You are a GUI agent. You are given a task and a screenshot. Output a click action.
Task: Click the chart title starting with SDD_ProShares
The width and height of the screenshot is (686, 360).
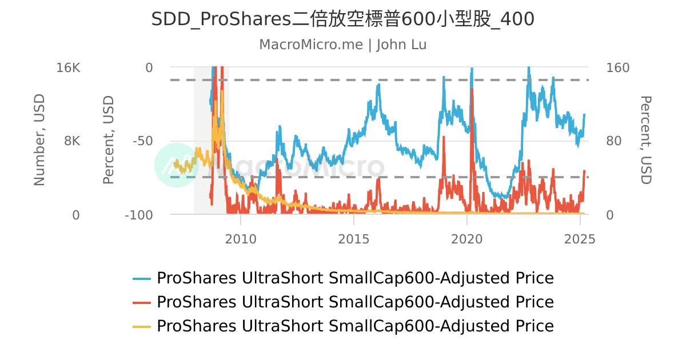[342, 19]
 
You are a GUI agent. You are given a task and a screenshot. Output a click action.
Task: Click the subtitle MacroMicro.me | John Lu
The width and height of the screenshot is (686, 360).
[342, 45]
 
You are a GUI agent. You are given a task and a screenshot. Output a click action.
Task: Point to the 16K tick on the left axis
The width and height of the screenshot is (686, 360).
[69, 67]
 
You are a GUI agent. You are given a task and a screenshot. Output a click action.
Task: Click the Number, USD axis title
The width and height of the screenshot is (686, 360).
[39, 141]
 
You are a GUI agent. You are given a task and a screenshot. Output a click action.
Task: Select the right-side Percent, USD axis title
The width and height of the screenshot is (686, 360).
[645, 141]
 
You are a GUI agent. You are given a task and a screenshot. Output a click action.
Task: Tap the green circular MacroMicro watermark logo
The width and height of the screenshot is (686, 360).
[177, 165]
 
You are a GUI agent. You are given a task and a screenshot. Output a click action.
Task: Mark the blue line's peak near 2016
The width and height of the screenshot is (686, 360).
[378, 85]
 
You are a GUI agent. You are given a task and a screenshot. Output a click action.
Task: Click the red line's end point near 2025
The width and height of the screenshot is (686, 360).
[584, 171]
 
